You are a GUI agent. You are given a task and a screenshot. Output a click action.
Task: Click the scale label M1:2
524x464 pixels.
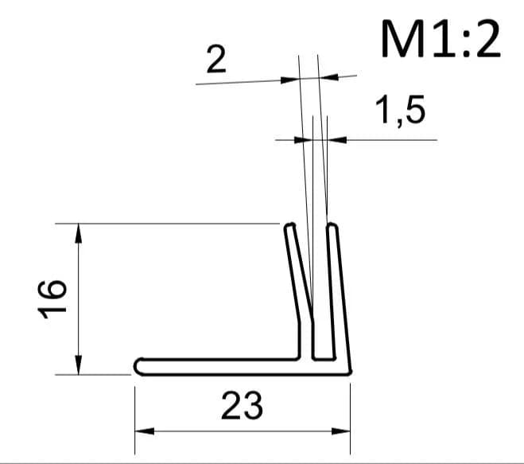(441, 39)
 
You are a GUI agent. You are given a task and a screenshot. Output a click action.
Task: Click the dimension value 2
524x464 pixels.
(216, 60)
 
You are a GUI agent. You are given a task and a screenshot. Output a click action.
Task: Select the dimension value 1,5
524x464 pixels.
(400, 110)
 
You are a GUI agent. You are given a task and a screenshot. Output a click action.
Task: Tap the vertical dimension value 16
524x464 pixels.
(52, 299)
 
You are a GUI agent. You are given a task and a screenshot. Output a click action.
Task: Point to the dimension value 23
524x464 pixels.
(242, 406)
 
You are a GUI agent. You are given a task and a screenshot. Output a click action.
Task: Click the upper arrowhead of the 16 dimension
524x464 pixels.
(78, 233)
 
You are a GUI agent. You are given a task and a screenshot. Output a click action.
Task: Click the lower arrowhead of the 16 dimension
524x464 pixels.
(78, 365)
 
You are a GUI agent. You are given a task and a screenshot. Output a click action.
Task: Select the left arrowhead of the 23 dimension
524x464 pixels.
(145, 431)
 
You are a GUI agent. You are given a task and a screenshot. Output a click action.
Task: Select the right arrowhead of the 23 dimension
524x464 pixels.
(340, 431)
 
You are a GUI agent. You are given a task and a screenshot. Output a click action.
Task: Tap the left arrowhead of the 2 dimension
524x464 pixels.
(289, 80)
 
